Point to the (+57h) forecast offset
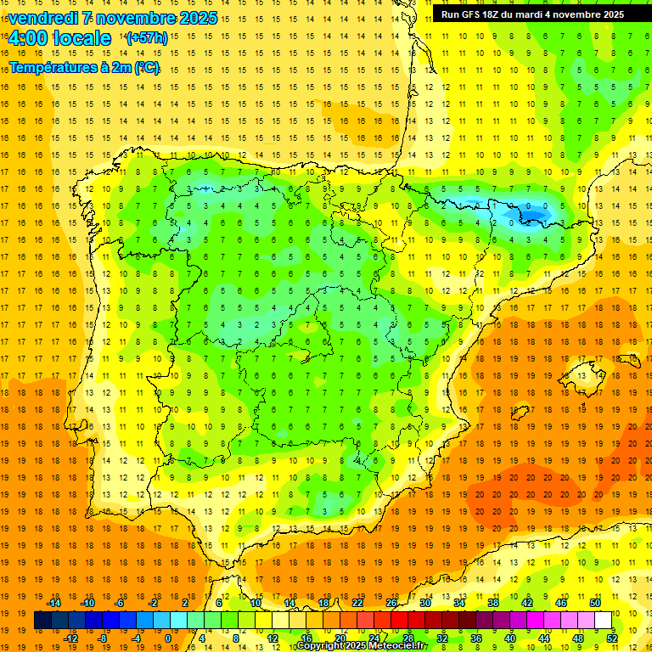(145, 38)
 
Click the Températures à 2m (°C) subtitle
(84, 68)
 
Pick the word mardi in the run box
(545, 14)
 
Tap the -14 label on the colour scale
(54, 603)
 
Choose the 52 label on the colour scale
(611, 638)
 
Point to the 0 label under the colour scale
(169, 638)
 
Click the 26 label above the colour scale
(391, 603)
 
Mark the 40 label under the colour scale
(509, 638)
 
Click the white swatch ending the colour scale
(603, 621)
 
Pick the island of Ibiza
(519, 413)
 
